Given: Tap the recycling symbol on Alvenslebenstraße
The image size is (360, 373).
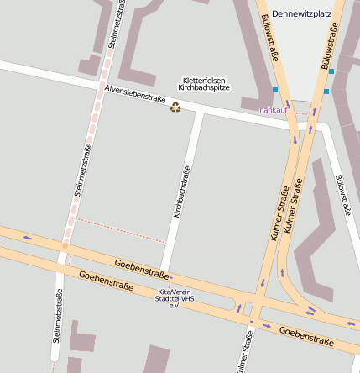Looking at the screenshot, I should click(x=175, y=107).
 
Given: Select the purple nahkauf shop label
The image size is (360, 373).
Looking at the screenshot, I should click(x=274, y=110).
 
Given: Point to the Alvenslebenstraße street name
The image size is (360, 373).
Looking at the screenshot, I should click(x=134, y=93).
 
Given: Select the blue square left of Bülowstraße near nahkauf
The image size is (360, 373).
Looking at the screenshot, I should click(x=274, y=90).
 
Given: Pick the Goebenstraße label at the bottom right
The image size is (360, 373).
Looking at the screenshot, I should click(x=309, y=336).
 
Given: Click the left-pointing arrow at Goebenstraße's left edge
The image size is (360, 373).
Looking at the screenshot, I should click(x=28, y=238).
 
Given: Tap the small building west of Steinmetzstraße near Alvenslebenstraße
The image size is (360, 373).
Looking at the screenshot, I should click(x=88, y=65).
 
